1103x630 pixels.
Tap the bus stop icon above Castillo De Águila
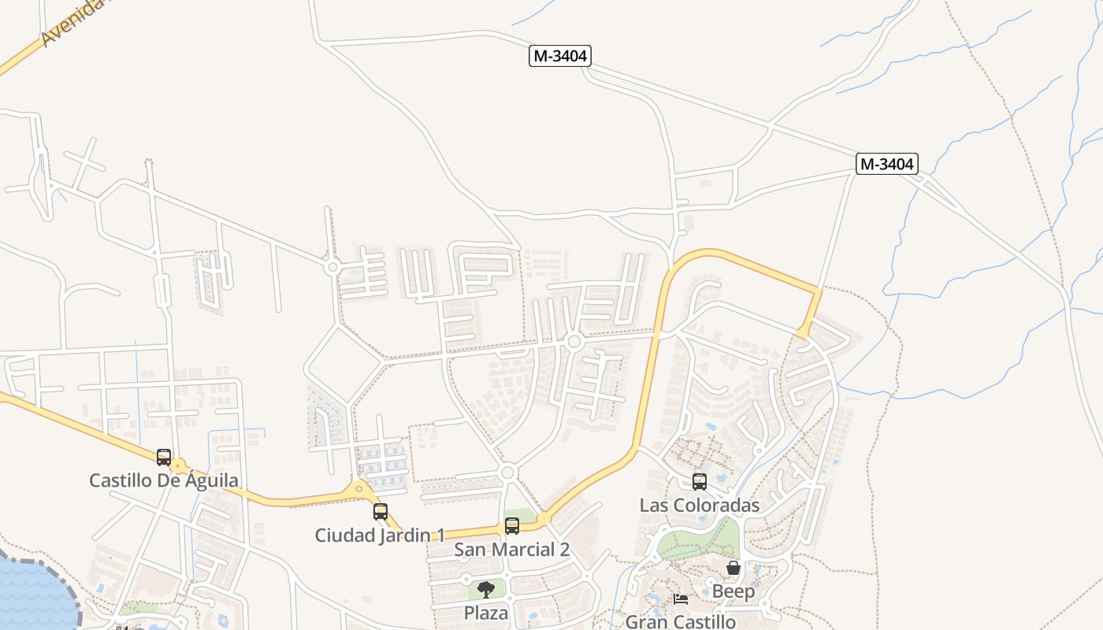point(164,457)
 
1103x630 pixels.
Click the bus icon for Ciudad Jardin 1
point(381,512)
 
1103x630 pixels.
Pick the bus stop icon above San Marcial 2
point(512,526)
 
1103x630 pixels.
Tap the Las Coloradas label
point(700,506)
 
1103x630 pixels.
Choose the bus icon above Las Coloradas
point(700,482)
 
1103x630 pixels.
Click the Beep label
point(733,591)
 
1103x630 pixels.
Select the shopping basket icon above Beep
point(733,568)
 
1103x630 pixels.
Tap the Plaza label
point(486,613)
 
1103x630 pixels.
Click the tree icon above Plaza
point(486,589)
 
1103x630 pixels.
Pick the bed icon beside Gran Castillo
point(681,599)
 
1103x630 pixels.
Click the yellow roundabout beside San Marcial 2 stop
point(544,519)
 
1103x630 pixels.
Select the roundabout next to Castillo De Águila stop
point(179,467)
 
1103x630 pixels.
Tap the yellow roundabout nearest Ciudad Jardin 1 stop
point(359,489)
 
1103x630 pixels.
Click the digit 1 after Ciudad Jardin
point(440,535)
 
